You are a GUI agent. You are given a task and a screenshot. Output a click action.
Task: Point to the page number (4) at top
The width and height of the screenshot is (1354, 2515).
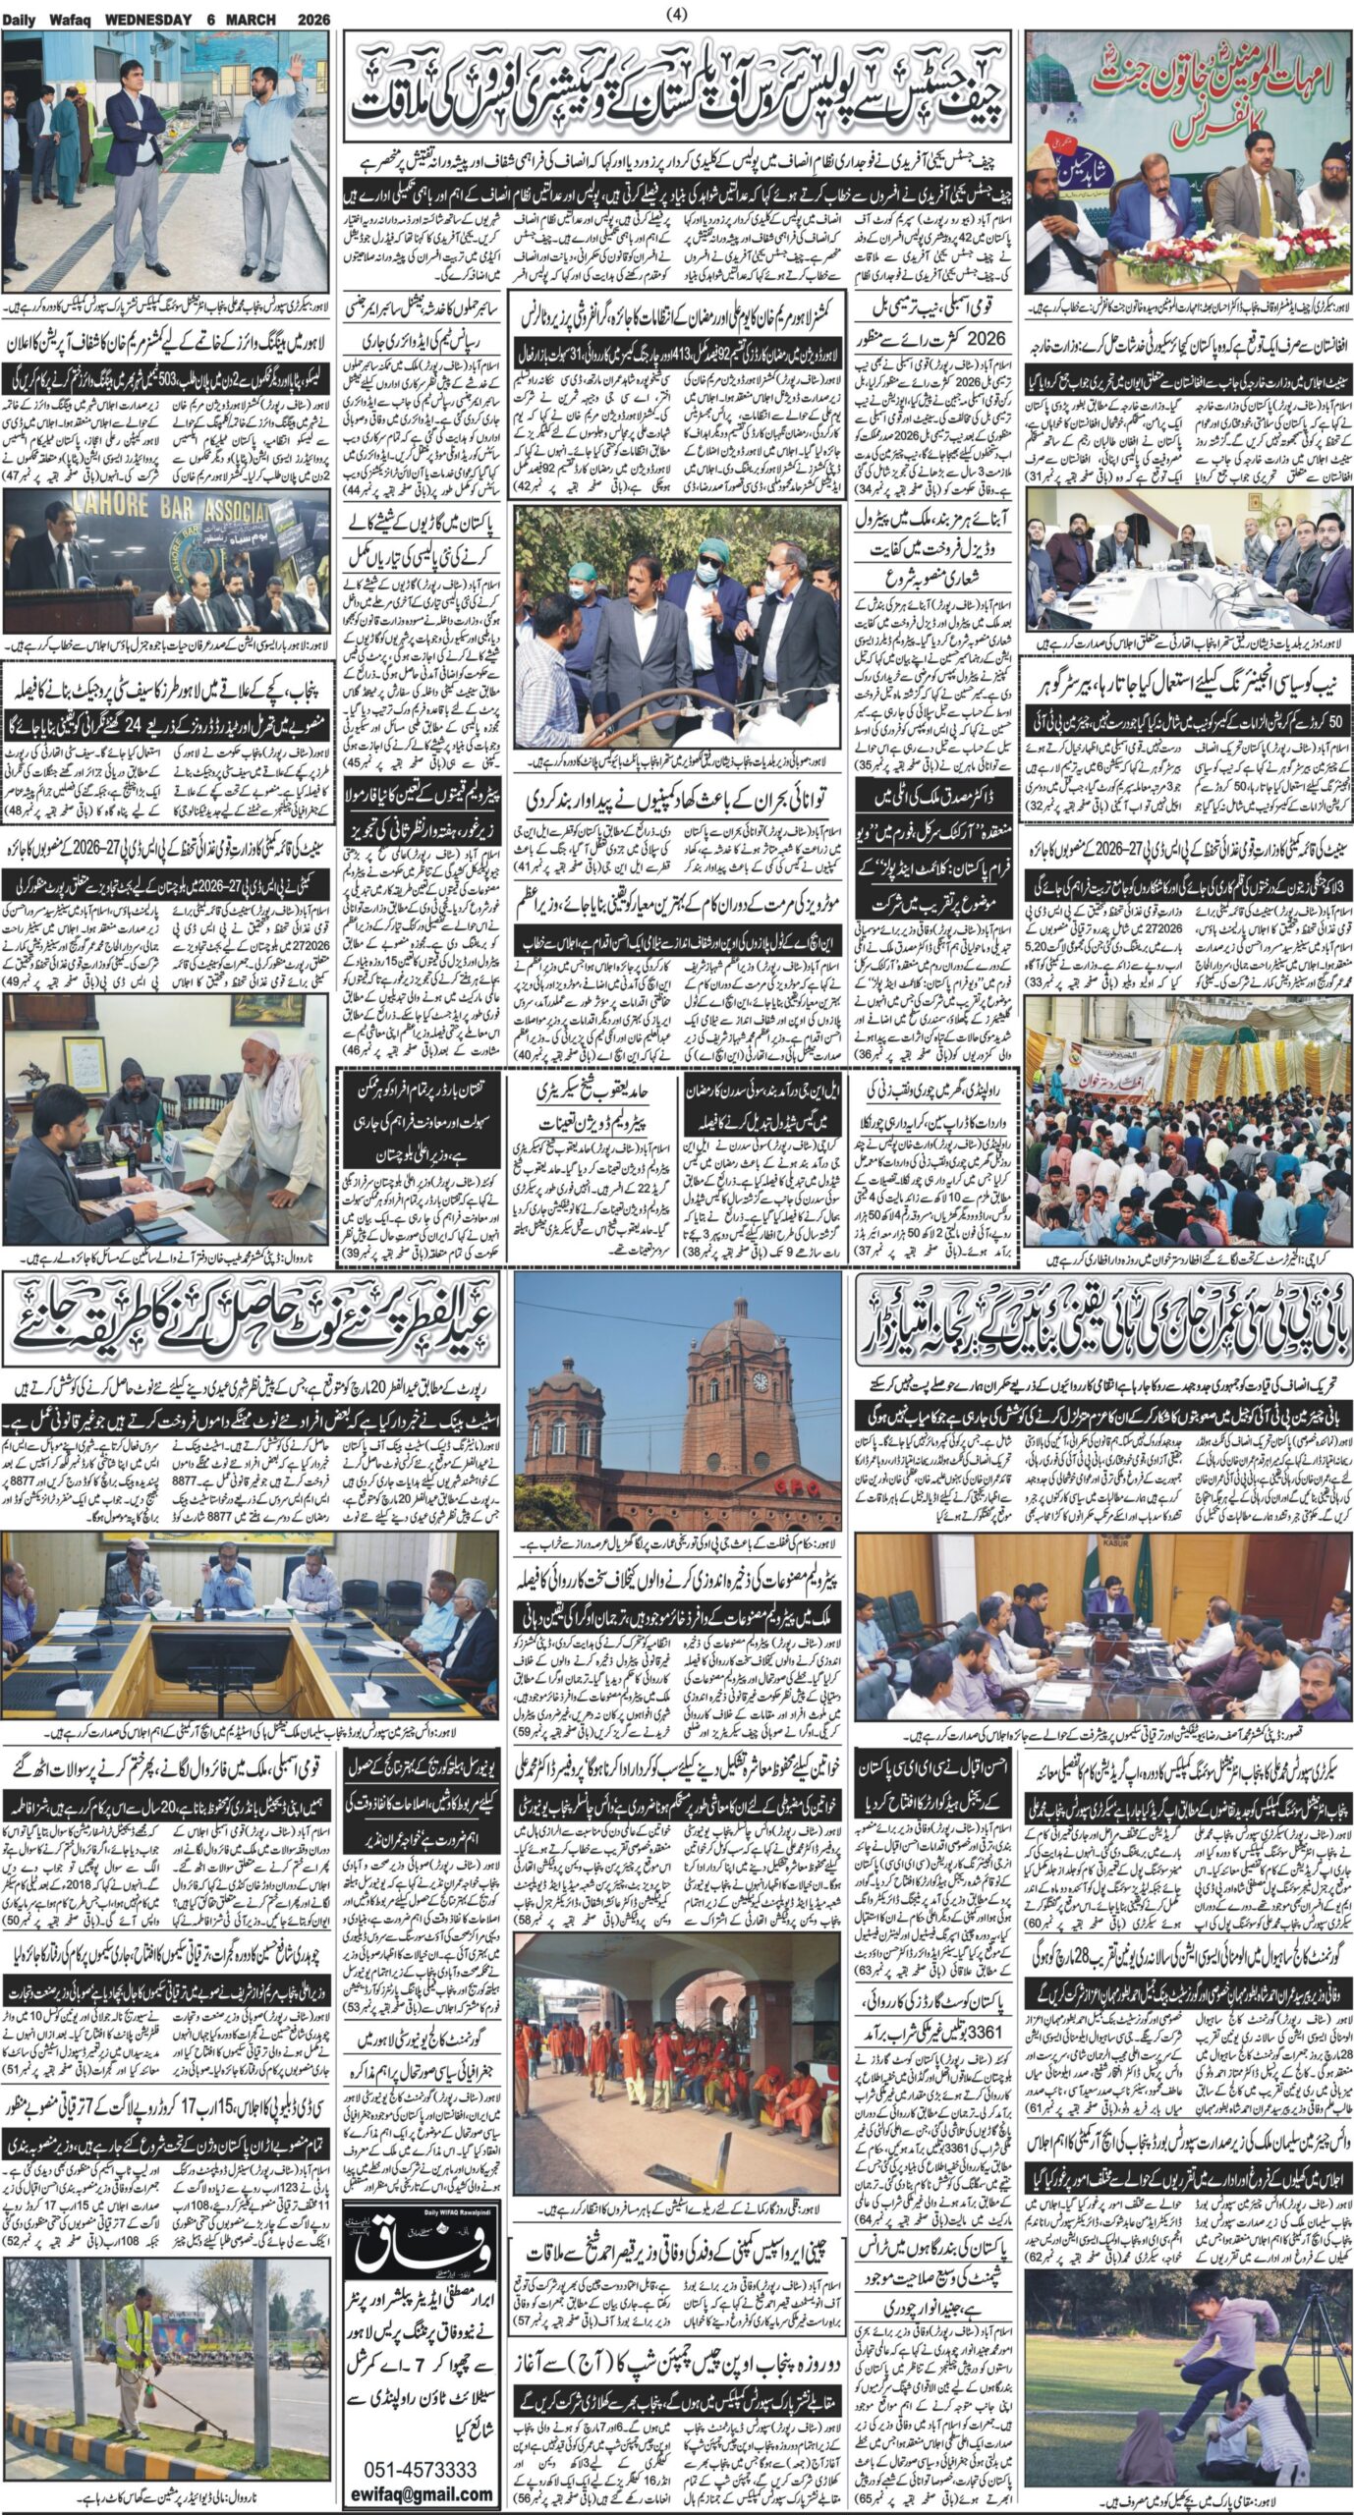click(677, 13)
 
